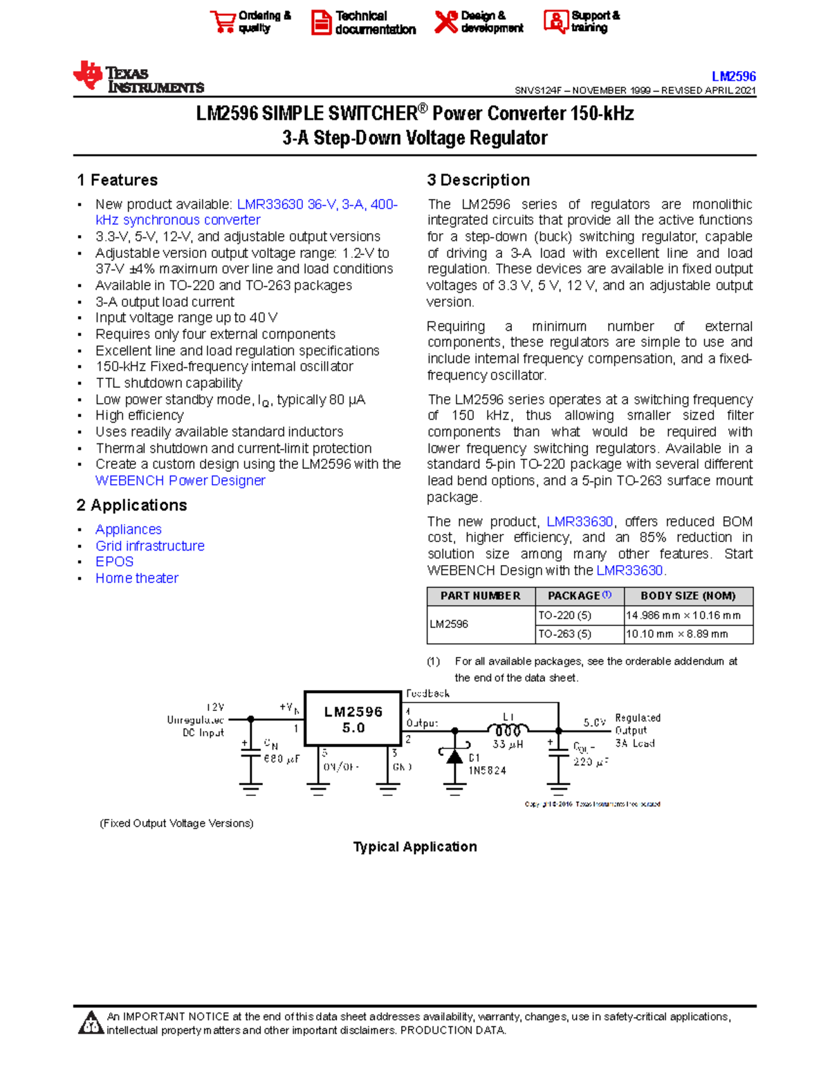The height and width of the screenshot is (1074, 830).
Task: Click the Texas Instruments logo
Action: coord(138,77)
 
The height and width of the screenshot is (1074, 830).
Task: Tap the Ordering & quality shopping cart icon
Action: coord(223,21)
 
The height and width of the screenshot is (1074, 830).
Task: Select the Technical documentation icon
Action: coord(321,22)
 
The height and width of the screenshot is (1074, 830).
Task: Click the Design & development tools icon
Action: coord(446,21)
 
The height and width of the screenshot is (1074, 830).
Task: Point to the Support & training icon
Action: coord(555,21)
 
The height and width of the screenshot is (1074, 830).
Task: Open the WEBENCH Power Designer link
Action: coord(180,481)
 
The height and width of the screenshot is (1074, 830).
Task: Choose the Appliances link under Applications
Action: coord(129,530)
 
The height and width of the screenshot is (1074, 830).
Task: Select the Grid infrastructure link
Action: coord(150,546)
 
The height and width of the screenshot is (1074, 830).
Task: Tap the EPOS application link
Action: coord(114,562)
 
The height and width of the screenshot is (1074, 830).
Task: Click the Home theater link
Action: coord(137,579)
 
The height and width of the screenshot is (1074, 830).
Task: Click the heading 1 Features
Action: coord(117,180)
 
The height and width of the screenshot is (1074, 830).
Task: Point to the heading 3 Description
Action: coord(478,180)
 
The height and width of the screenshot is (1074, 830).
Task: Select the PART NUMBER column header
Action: coord(480,596)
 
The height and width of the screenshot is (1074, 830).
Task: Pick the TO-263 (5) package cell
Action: coord(564,634)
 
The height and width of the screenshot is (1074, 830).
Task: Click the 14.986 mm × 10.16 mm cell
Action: coord(683,615)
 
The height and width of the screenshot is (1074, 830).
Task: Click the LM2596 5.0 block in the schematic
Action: coord(353,719)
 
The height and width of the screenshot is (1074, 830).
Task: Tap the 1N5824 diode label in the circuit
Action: coord(487,770)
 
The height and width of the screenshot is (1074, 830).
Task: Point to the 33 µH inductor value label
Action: coord(508,745)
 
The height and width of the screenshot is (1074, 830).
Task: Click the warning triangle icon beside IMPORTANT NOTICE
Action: coord(91,1024)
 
